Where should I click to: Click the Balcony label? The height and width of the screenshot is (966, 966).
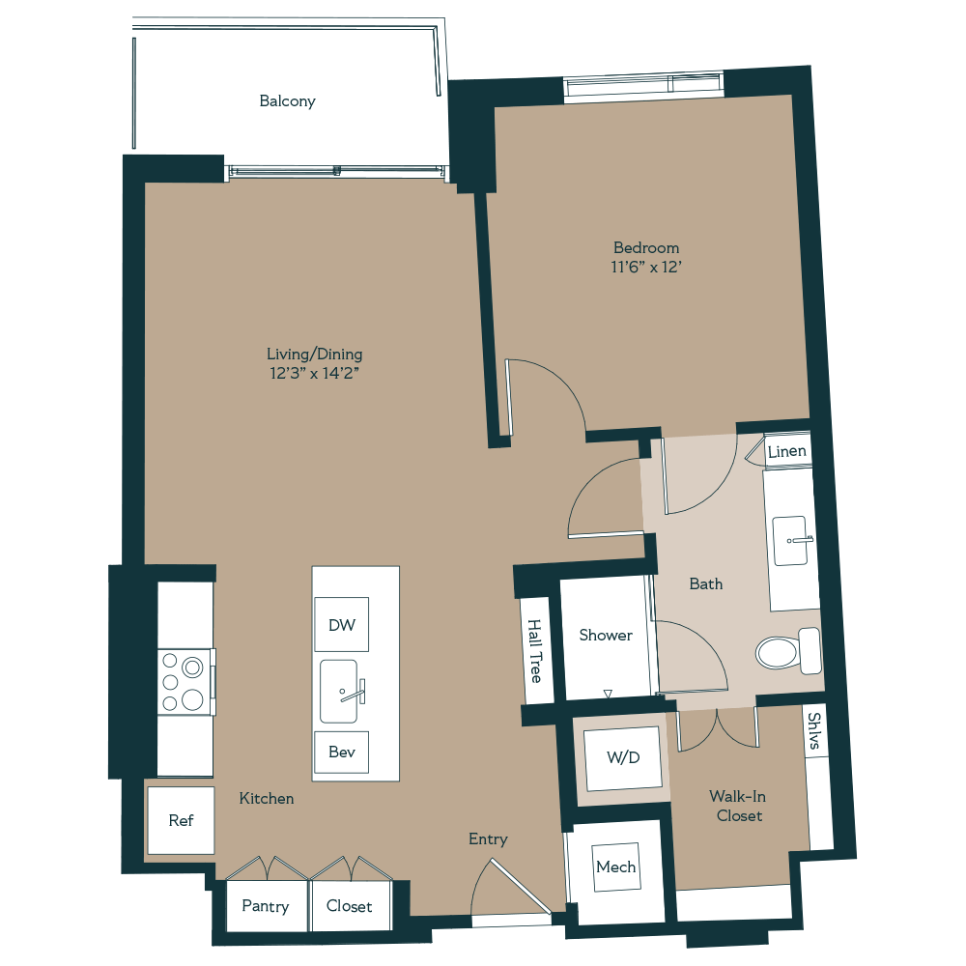pos(287,101)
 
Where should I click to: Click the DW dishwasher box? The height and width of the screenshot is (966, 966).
pos(341,625)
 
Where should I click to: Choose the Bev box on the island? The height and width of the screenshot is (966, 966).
pos(341,752)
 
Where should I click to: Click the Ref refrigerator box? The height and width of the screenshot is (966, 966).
pos(181,820)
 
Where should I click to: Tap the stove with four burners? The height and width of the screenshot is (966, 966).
pos(185,681)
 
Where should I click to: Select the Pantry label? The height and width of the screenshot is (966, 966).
pos(265,906)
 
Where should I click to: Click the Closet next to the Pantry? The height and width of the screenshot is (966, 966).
pos(349,906)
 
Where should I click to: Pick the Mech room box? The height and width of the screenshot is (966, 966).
pos(615,867)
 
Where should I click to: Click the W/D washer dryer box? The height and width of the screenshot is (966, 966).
pos(623,758)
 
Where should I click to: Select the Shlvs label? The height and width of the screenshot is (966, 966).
pos(816,730)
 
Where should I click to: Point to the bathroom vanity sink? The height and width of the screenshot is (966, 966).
pos(792,540)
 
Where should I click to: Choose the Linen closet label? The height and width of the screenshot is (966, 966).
pos(786,451)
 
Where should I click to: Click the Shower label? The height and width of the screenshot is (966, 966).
pos(606,635)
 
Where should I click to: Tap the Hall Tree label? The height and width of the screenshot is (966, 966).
pos(535,652)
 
